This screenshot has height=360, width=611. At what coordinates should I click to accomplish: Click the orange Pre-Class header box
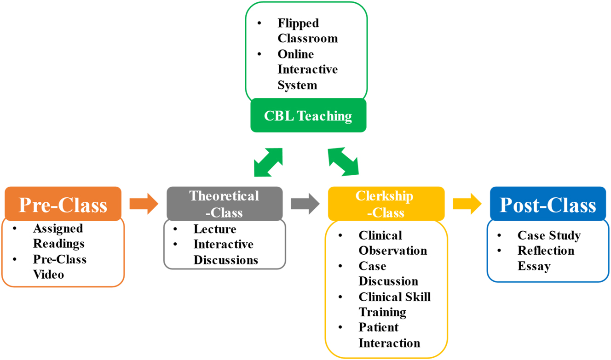[x=63, y=204]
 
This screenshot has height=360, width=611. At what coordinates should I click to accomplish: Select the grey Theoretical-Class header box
[x=225, y=204]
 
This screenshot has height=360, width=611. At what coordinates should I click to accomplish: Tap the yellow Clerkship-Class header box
[x=386, y=204]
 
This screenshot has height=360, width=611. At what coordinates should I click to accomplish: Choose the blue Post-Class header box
[x=548, y=204]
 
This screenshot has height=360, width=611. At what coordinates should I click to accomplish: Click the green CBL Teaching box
[x=308, y=115]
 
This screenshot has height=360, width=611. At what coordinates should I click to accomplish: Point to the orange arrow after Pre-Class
[x=144, y=204]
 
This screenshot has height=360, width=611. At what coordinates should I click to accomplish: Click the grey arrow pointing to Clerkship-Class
[x=305, y=203]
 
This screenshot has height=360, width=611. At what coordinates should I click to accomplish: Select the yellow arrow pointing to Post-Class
[x=467, y=203]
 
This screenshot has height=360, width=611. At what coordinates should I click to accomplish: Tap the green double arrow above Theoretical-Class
[x=268, y=162]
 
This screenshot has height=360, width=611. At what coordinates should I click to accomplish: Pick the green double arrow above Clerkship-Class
[x=343, y=162]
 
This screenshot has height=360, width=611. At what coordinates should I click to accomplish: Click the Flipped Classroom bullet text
[x=307, y=30]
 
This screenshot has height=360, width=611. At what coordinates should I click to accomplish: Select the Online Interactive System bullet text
[x=307, y=69]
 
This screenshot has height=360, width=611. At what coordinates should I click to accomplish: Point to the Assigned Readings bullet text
[x=58, y=235]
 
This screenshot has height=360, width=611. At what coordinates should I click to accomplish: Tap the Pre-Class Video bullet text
[x=59, y=267]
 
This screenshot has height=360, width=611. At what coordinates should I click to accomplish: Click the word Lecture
[x=215, y=229]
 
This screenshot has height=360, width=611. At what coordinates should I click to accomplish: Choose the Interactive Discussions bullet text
[x=225, y=252]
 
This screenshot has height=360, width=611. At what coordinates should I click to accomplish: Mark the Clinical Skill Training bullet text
[x=394, y=304]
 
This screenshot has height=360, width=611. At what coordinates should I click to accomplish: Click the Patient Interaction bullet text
[x=389, y=335]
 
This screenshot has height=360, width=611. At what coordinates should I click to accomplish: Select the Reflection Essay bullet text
[x=546, y=258]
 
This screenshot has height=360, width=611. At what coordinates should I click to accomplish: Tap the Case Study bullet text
[x=549, y=235]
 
